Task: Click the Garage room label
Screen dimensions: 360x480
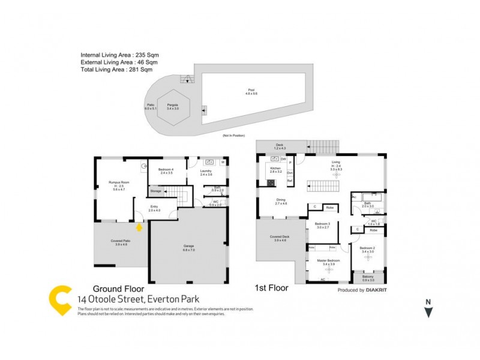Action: click(x=188, y=247)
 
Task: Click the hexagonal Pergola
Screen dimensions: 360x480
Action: click(x=173, y=107)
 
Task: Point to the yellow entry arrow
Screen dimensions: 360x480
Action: click(x=139, y=227)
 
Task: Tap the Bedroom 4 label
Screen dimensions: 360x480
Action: click(x=166, y=170)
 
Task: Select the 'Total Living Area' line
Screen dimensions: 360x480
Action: click(x=119, y=69)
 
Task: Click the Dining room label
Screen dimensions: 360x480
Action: click(x=281, y=201)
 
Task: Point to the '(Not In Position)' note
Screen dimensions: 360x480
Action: click(x=234, y=136)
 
